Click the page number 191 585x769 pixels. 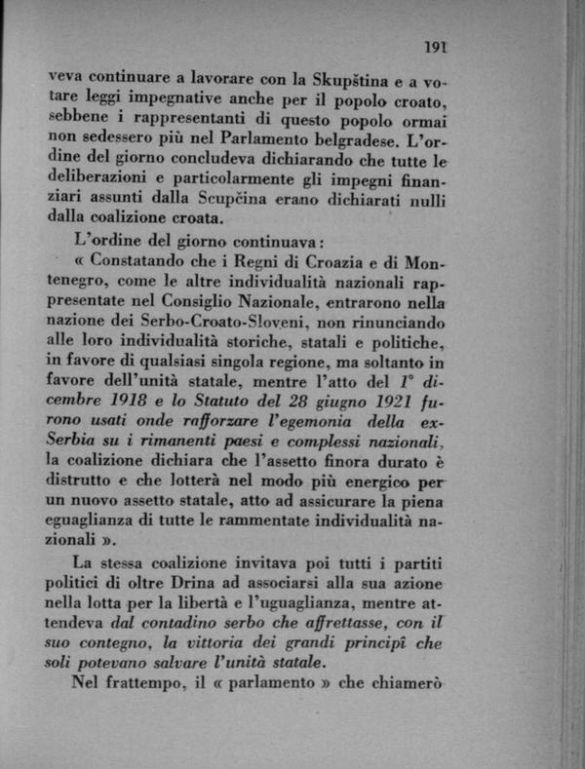[435, 45]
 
